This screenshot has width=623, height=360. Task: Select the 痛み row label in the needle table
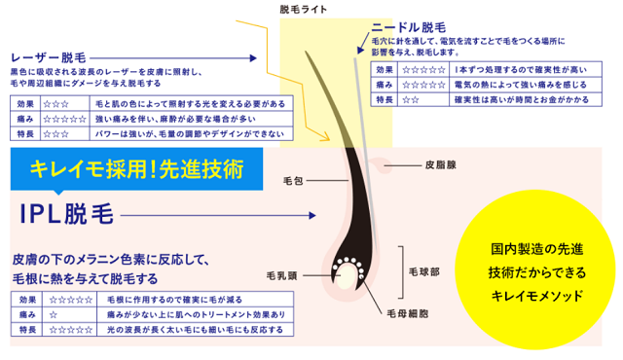click(x=384, y=85)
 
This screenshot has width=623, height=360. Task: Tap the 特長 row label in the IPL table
click(x=25, y=331)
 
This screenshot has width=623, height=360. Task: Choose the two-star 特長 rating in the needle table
click(x=411, y=99)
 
